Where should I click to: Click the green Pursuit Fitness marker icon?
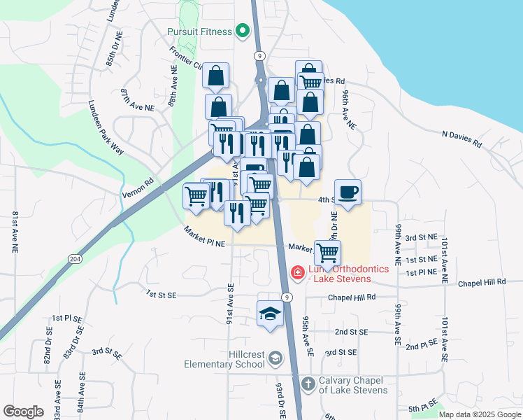(243, 30)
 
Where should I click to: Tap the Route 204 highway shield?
(74, 259)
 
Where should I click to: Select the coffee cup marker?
(348, 191)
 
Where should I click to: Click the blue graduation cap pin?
(270, 313)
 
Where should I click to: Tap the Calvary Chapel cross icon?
(308, 384)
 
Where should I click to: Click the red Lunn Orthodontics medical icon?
(297, 272)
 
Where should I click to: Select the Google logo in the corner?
(23, 412)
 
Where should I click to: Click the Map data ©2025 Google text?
(479, 414)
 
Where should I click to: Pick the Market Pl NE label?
(205, 237)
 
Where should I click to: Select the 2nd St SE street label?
(351, 331)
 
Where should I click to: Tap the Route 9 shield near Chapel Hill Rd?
(286, 297)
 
